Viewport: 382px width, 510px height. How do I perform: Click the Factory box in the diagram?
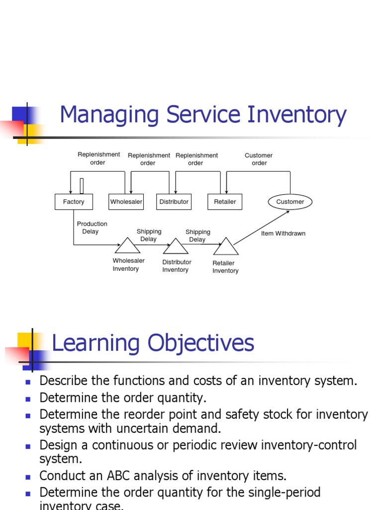[x=74, y=202]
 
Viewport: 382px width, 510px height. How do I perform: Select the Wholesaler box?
[x=126, y=202]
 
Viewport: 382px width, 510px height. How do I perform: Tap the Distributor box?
[x=174, y=202]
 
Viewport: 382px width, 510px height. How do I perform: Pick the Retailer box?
[x=225, y=202]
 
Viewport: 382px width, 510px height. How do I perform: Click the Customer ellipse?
[x=290, y=202]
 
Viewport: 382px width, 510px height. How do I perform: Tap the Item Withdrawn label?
[x=283, y=233]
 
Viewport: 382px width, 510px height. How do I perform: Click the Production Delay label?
[x=92, y=228]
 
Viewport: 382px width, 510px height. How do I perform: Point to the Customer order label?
[x=259, y=159]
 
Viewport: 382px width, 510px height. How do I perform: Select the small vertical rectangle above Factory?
[x=82, y=186]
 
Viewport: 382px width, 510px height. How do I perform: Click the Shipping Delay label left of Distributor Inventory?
[x=149, y=235]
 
